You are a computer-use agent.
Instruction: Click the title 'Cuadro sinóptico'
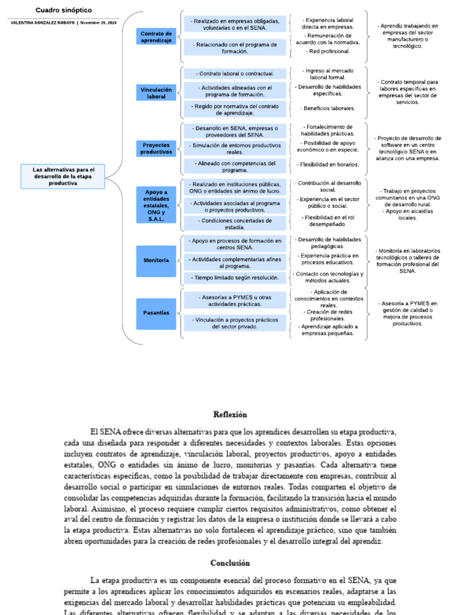point(64,10)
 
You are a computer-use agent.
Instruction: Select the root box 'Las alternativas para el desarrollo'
point(63,176)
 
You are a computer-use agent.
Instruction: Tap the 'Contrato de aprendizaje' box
point(156,37)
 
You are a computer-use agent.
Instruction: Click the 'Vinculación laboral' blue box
point(156,92)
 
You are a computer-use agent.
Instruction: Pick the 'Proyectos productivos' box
point(156,148)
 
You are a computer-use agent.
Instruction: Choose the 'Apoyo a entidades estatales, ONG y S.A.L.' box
point(156,205)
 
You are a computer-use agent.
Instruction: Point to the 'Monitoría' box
point(156,261)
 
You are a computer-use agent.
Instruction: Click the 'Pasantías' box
point(156,313)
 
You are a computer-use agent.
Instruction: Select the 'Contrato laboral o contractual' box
point(235,74)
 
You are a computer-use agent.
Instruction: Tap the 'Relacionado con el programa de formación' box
point(235,48)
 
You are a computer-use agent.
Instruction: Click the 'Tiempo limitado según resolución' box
point(235,277)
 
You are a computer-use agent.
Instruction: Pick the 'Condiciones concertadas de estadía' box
point(235,223)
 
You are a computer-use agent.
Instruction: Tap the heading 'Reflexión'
point(230,414)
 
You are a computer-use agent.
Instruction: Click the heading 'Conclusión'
point(230,563)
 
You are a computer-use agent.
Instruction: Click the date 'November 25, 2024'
point(99,22)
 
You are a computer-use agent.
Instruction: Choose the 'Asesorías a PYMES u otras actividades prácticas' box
point(235,300)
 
